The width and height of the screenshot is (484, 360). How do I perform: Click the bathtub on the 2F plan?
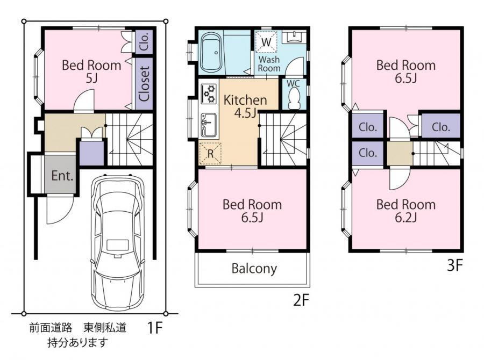[211, 52]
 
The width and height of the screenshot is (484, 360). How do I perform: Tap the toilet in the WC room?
[294, 98]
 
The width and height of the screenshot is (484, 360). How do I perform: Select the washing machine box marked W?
[266, 42]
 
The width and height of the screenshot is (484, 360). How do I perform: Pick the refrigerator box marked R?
[210, 153]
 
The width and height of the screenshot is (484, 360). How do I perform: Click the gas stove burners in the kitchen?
[209, 93]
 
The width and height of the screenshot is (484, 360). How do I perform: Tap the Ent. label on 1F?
[62, 176]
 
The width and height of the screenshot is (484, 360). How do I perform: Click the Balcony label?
[254, 268]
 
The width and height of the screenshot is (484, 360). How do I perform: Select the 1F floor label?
[154, 328]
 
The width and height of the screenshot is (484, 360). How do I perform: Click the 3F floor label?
[455, 265]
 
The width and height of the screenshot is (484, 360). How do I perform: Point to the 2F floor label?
[301, 300]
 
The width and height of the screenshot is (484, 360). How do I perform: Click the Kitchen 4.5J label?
[245, 106]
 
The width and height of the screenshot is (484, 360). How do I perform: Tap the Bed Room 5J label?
[91, 71]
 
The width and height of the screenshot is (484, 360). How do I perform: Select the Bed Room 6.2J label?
[406, 211]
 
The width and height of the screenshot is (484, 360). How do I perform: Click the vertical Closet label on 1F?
[144, 84]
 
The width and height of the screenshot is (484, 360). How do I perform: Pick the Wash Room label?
[269, 64]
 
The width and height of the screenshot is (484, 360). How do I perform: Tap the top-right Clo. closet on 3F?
[441, 126]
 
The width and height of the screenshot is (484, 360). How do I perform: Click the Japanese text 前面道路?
[51, 328]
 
